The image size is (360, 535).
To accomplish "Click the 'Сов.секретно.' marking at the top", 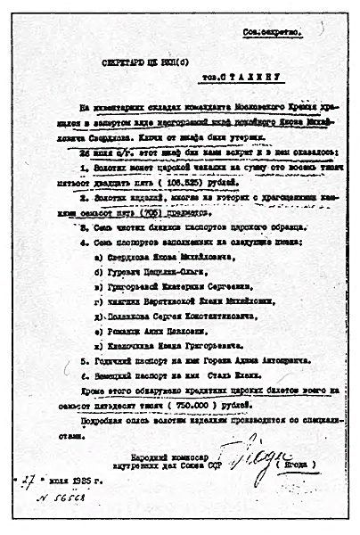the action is (x=273, y=33).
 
